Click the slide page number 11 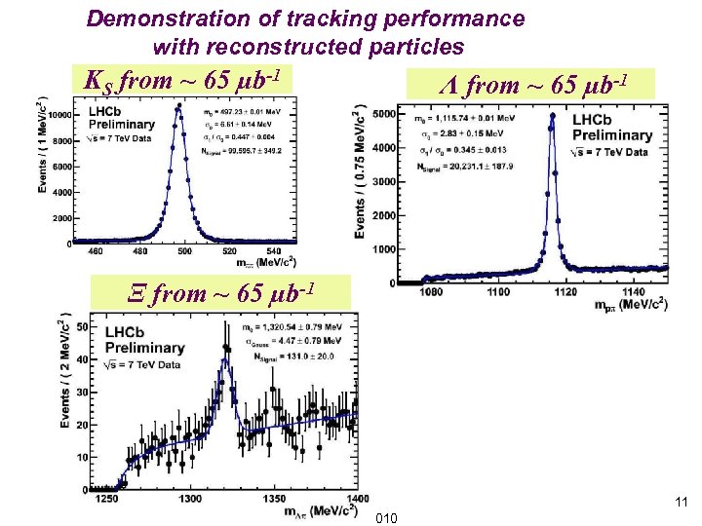[681, 503]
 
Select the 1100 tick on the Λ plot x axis [498, 291]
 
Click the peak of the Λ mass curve [552, 116]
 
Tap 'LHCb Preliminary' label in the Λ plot [611, 128]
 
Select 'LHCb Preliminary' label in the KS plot [121, 118]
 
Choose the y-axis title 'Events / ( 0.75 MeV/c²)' [360, 171]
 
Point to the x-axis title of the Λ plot [631, 303]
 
